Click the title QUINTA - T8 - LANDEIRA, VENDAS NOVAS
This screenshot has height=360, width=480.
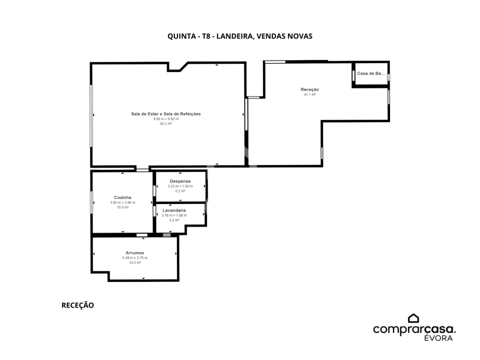click(239, 36)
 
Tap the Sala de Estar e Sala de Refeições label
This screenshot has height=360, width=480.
click(166, 114)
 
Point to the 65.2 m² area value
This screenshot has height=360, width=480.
click(166, 123)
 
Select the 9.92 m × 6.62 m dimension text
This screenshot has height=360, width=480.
click(166, 119)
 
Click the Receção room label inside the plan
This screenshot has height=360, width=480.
click(310, 89)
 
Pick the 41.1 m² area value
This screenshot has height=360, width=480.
click(310, 94)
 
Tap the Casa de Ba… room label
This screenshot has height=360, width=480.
click(371, 73)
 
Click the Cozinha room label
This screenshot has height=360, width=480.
click(122, 197)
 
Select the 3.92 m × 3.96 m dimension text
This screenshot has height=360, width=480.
click(122, 202)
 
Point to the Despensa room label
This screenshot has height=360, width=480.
click(180, 181)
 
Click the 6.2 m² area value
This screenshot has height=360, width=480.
click(180, 191)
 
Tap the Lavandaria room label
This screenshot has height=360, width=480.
click(174, 210)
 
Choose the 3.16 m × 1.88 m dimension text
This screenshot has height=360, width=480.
click(174, 215)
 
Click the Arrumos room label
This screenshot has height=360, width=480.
click(134, 253)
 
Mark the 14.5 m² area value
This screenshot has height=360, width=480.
click(134, 262)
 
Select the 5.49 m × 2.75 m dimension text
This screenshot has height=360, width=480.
click(134, 258)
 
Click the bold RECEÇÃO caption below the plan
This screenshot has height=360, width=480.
click(78, 305)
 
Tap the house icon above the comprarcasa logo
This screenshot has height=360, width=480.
click(413, 318)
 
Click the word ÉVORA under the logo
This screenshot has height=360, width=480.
click(438, 338)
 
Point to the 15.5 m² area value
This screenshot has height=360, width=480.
click(122, 207)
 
